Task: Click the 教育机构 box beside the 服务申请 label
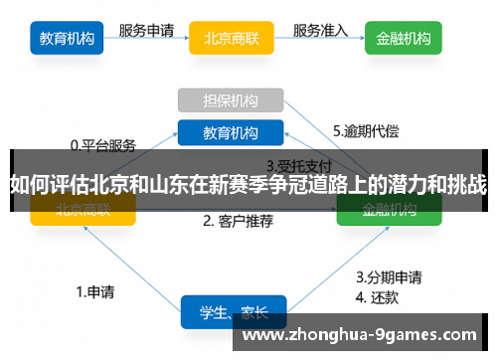point(68,40)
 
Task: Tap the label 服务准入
point(321,30)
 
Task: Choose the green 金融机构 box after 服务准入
point(404,40)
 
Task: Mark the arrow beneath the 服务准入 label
point(321,43)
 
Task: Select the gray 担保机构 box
point(231,100)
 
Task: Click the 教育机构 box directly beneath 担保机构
point(231,131)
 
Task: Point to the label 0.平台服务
point(102,145)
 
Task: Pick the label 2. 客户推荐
point(238,221)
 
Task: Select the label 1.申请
point(94,292)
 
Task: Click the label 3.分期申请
point(389,277)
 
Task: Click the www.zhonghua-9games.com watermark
point(359,335)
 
